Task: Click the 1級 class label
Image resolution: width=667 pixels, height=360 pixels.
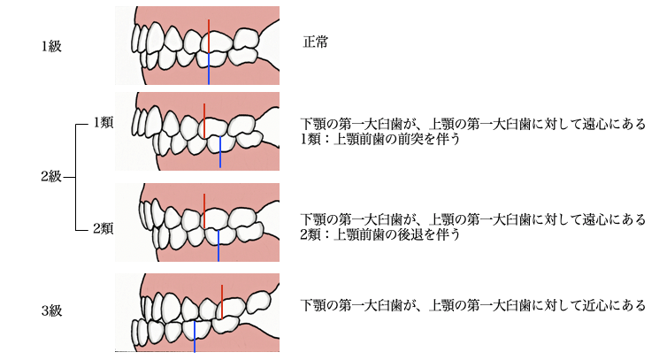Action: point(51,47)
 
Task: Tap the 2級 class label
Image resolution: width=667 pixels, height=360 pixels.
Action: point(51,176)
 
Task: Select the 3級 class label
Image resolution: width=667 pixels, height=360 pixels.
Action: point(51,310)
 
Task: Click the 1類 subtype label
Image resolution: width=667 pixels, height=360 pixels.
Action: point(103,124)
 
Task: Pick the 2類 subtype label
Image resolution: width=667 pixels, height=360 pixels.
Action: point(103,228)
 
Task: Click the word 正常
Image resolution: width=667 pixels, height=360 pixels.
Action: point(316,42)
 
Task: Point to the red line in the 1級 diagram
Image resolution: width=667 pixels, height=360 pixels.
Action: point(209,35)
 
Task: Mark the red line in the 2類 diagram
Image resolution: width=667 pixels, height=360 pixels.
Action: point(203,209)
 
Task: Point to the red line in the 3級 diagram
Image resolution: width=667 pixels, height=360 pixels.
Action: point(221,301)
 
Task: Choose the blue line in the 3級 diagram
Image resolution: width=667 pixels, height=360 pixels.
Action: point(195,336)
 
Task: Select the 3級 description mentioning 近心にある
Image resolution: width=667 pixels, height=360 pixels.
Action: point(473,305)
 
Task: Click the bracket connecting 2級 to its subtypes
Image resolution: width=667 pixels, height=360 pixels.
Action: point(75,176)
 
